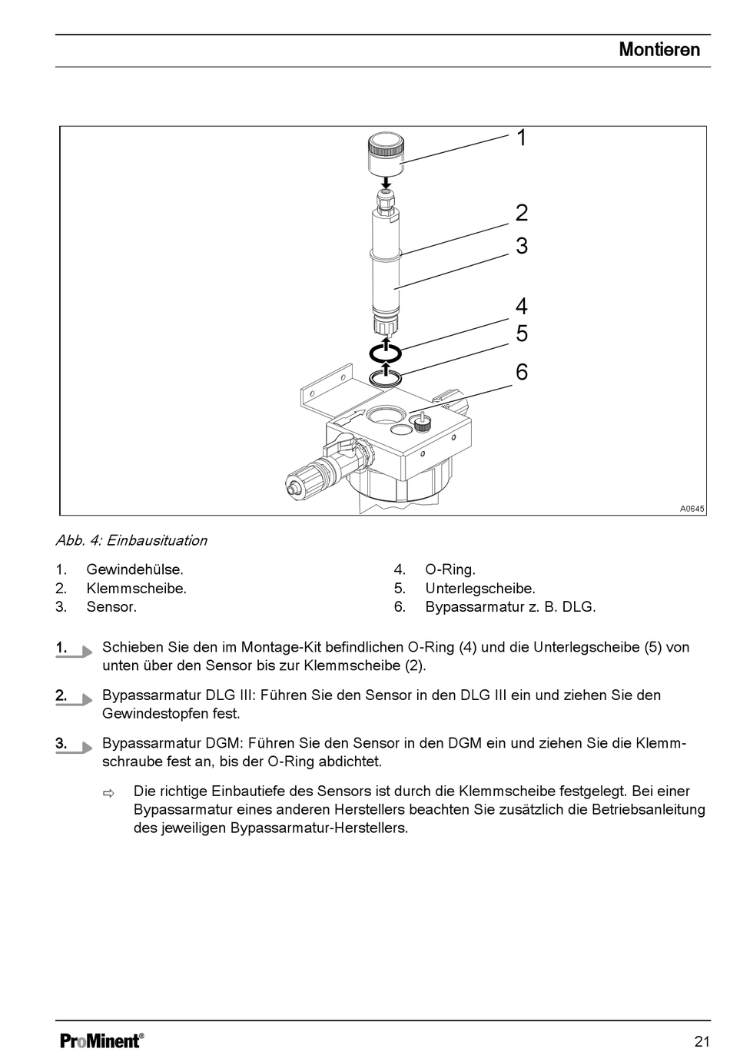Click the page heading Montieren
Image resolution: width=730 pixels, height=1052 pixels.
pos(659,50)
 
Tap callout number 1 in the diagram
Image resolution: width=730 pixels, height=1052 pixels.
pos(522,138)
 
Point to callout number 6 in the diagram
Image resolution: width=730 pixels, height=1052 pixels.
pos(522,372)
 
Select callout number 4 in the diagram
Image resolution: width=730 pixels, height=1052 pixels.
pos(522,307)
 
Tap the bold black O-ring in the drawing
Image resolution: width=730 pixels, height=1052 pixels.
pos(385,353)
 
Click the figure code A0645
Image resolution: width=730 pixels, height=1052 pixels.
pos(692,509)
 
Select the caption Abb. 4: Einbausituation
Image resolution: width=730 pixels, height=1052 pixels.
pos(131,540)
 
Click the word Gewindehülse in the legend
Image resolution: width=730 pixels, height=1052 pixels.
pos(134,569)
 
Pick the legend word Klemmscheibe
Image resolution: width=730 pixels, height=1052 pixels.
pos(135,588)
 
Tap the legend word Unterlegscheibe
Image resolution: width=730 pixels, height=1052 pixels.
pos(479,588)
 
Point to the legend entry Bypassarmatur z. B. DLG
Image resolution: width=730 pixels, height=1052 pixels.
pos(510,606)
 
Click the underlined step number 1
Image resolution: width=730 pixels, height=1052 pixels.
pos(61,648)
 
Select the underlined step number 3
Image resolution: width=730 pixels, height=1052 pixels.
pos(61,743)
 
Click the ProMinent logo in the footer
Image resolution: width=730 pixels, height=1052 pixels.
pos(101,1040)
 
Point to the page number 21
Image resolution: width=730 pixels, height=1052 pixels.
pos(702,1041)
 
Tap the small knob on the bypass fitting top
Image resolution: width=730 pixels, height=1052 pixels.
pos(420,422)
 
